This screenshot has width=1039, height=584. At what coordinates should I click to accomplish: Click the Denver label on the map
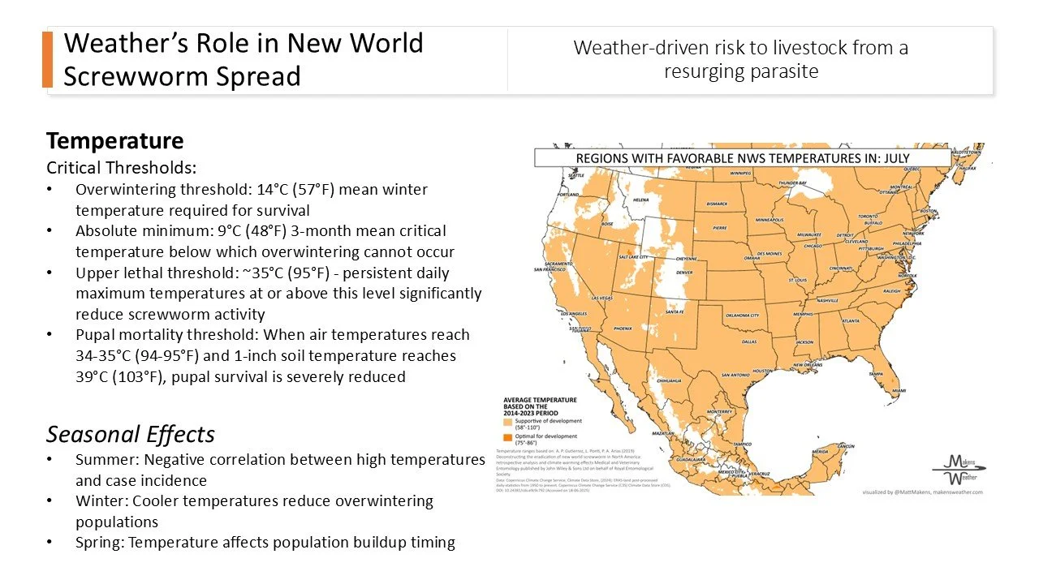(684, 273)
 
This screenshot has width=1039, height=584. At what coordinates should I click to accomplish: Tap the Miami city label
(899, 391)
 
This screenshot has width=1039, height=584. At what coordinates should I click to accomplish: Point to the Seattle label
(576, 175)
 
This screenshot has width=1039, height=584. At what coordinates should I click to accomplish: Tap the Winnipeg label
(739, 174)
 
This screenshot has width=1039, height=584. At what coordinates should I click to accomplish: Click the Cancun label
(847, 446)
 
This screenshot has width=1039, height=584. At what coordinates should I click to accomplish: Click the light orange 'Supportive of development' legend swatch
(508, 422)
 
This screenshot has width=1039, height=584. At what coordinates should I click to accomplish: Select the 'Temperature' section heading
(114, 140)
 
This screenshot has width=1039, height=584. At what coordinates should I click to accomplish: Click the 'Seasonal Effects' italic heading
(130, 434)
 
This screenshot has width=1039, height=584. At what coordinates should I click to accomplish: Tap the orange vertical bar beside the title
(47, 59)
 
